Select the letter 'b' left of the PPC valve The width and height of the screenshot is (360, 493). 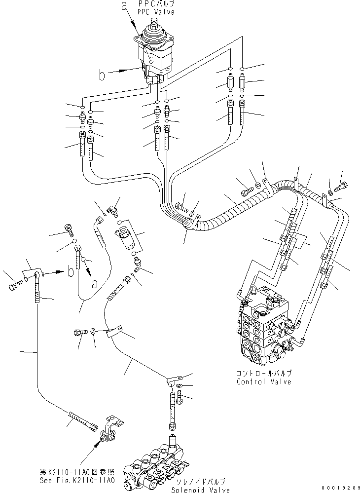tap(102, 75)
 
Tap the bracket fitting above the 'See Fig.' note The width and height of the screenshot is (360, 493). tap(111, 428)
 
